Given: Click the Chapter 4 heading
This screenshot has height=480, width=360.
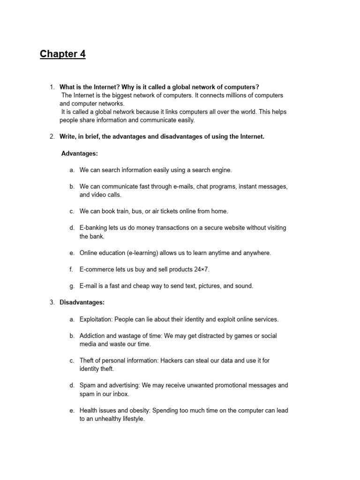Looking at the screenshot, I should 63,54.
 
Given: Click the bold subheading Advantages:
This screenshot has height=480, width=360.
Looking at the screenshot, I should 80,153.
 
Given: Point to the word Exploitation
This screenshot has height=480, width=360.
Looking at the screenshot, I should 97,319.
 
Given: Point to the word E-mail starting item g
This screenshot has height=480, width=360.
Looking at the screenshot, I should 89,286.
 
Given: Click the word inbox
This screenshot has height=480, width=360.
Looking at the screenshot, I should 120,394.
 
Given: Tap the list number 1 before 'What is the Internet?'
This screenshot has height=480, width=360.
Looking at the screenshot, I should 52,87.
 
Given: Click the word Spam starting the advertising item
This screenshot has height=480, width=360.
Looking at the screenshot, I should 87,385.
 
